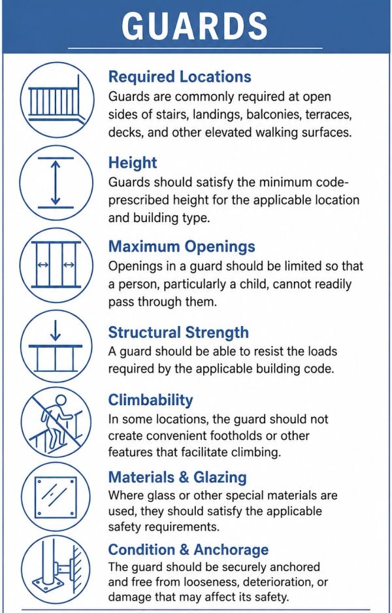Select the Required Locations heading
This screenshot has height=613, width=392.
coord(180,76)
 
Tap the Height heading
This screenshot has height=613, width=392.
coord(133,163)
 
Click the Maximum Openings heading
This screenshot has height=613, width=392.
coord(182,246)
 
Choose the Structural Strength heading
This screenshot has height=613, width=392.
coord(178,332)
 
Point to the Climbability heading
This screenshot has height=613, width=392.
coord(150,400)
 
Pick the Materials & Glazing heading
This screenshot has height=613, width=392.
coord(178,477)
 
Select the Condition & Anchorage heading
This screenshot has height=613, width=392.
coord(188,550)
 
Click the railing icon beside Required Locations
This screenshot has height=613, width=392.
coord(56,101)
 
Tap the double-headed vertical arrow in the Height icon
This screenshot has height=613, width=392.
coord(56,183)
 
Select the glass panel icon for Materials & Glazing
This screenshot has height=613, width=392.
coord(55,497)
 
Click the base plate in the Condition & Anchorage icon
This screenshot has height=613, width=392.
coord(48,590)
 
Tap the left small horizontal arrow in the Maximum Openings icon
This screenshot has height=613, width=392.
coord(42,265)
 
